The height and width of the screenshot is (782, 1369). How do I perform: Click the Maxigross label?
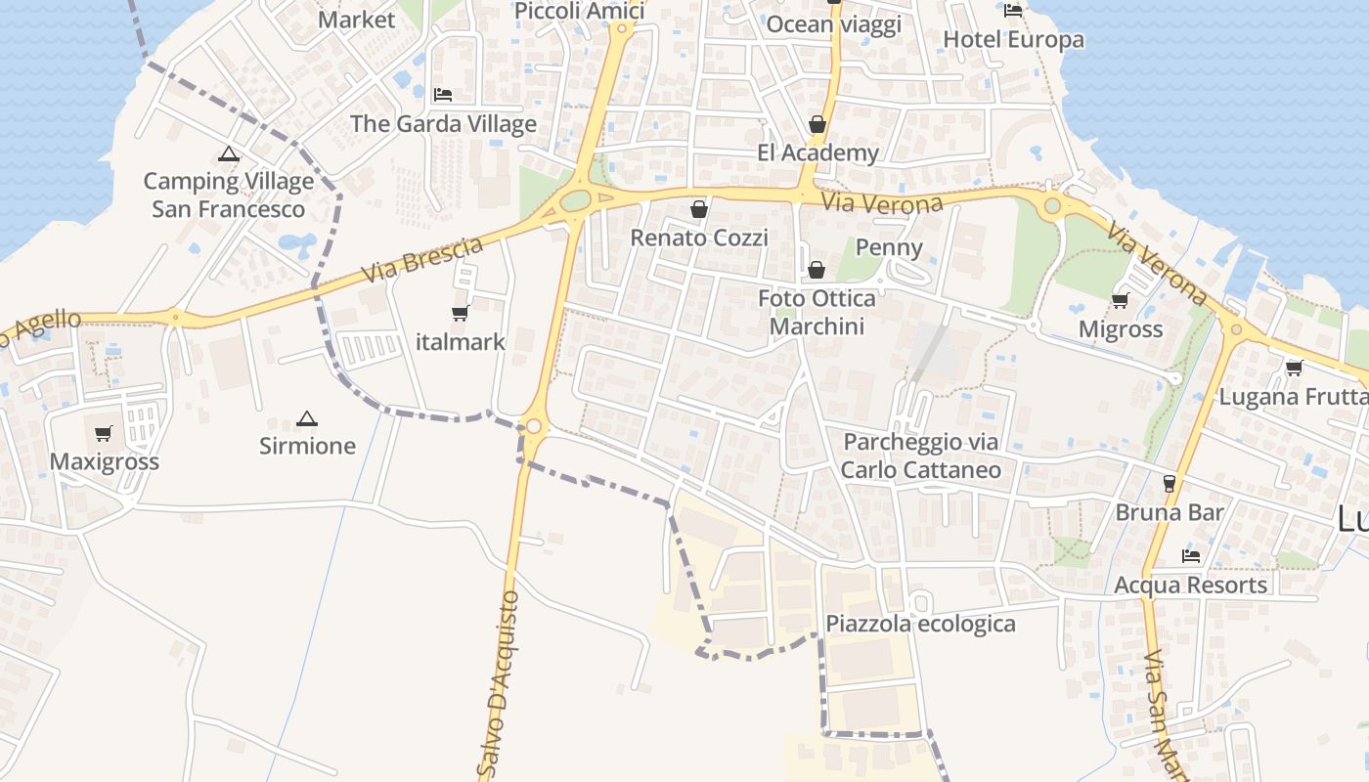tap(104, 461)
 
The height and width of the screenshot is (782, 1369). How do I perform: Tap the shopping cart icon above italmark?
tap(460, 314)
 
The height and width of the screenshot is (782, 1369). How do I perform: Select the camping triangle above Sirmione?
tap(307, 419)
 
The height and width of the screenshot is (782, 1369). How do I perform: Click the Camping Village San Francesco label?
tap(229, 195)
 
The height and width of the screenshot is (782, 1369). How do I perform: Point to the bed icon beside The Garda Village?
tap(443, 95)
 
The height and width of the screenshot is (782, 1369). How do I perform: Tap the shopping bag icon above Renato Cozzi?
tap(698, 209)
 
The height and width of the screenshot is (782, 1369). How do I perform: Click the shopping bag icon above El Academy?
tap(817, 125)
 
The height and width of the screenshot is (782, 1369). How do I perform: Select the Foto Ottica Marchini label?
tap(817, 312)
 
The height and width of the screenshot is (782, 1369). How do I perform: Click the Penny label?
tap(889, 246)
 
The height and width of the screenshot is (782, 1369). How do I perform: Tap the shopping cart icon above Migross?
tap(1120, 301)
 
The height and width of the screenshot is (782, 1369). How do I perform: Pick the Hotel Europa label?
tap(1013, 39)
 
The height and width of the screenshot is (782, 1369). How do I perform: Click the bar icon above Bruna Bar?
tap(1169, 483)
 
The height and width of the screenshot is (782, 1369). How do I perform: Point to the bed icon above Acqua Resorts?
tap(1190, 556)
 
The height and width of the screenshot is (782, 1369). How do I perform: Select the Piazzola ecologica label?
tap(920, 624)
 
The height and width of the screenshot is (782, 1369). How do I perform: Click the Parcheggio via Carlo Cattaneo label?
tap(921, 456)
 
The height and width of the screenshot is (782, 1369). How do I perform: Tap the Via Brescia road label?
tap(422, 260)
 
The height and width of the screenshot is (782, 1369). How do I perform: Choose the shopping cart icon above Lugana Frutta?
tap(1295, 369)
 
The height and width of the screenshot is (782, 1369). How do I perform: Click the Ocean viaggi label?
tap(833, 24)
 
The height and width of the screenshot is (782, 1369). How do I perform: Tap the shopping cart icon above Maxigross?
tap(104, 433)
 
